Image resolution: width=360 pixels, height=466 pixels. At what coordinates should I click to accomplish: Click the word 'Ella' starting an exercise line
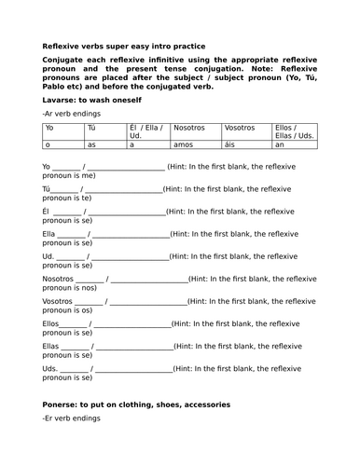[52, 234]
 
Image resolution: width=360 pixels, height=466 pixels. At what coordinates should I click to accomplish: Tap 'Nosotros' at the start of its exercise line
[58, 279]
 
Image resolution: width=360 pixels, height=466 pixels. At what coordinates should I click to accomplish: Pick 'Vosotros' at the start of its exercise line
[58, 301]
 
